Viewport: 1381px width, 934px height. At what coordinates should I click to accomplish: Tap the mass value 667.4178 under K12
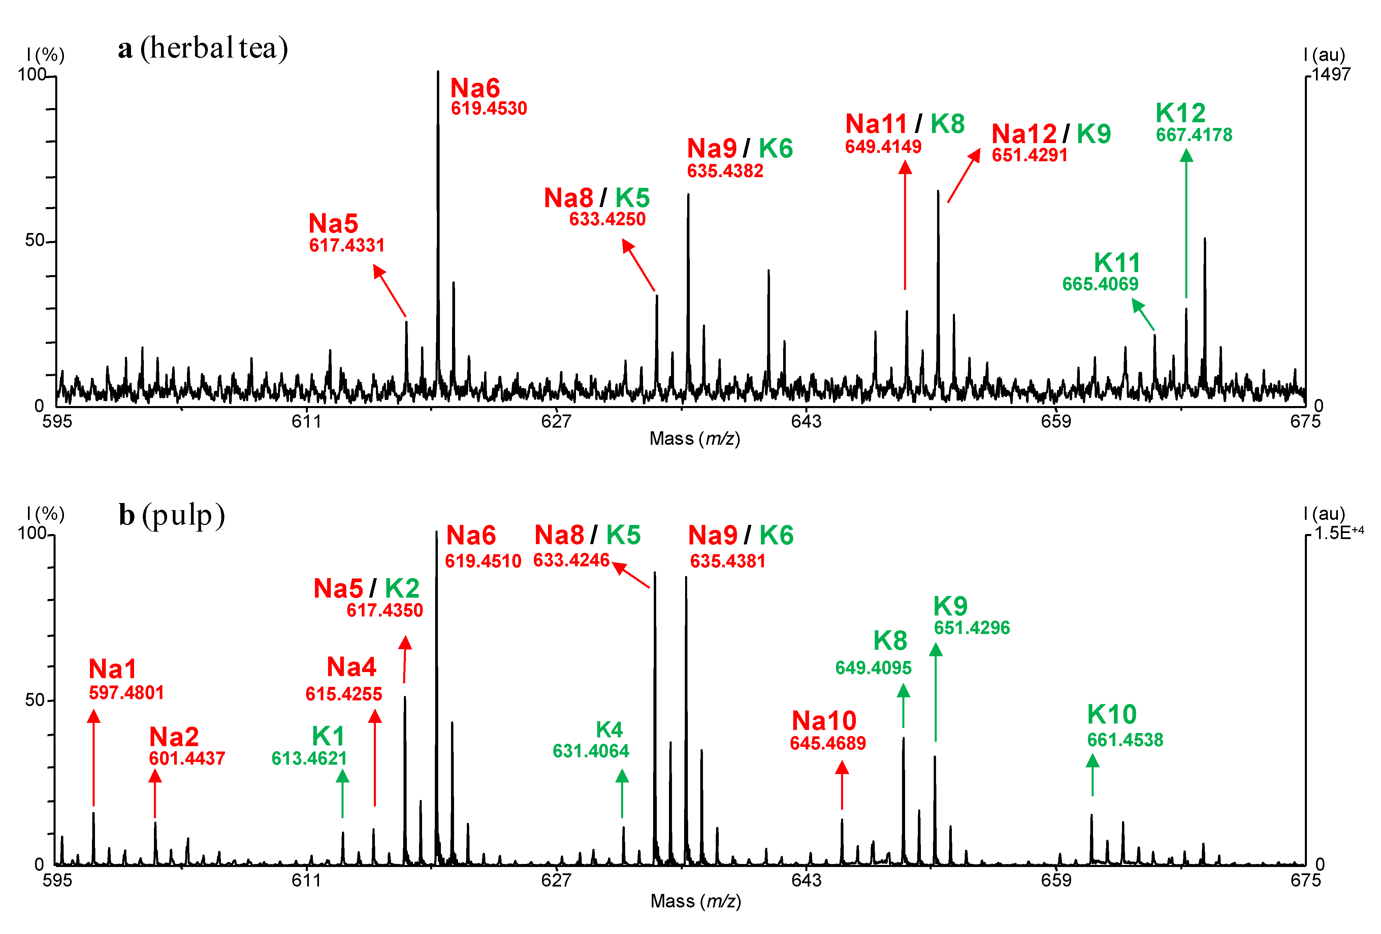click(1193, 135)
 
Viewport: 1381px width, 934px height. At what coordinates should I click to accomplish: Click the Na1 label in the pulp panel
click(112, 669)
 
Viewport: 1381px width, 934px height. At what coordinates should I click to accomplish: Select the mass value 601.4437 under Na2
click(187, 758)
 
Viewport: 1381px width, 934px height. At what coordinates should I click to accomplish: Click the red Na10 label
click(824, 721)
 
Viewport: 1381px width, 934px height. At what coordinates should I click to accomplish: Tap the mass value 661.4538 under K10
click(1125, 740)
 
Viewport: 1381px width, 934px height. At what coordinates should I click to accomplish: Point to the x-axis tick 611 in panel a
click(306, 421)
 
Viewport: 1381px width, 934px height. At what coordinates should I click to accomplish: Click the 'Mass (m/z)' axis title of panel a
click(694, 438)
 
